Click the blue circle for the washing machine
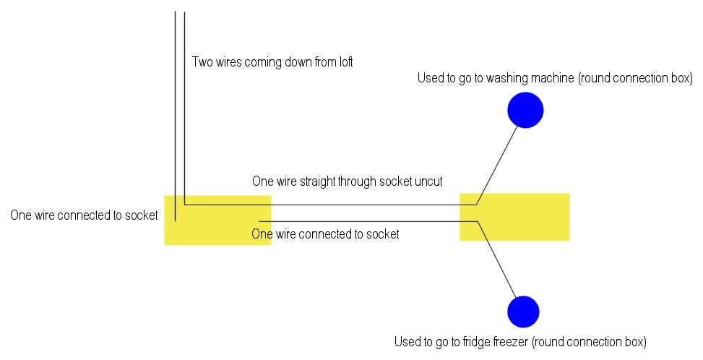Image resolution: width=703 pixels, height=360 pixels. (525, 110)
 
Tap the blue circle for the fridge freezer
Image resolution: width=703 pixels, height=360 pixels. (523, 312)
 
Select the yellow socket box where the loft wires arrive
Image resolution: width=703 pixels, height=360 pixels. (217, 220)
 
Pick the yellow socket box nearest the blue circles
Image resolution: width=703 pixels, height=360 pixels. (514, 217)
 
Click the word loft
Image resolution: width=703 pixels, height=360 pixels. (342, 62)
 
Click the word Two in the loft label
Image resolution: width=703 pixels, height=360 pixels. (202, 62)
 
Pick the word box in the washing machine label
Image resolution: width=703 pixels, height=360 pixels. (681, 78)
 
